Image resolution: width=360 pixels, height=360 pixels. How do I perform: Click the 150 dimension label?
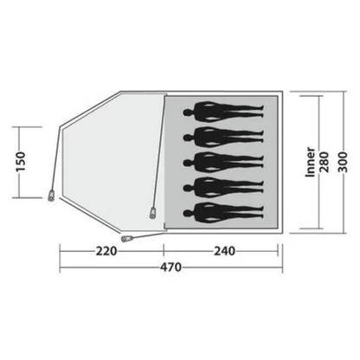point(25,161)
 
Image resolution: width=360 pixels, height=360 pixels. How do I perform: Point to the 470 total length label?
point(168,267)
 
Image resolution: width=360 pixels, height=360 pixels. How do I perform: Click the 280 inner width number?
point(325,162)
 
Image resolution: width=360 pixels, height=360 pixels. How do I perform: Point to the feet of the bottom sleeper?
point(260,210)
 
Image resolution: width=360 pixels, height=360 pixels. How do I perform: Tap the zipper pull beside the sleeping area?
point(154,210)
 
